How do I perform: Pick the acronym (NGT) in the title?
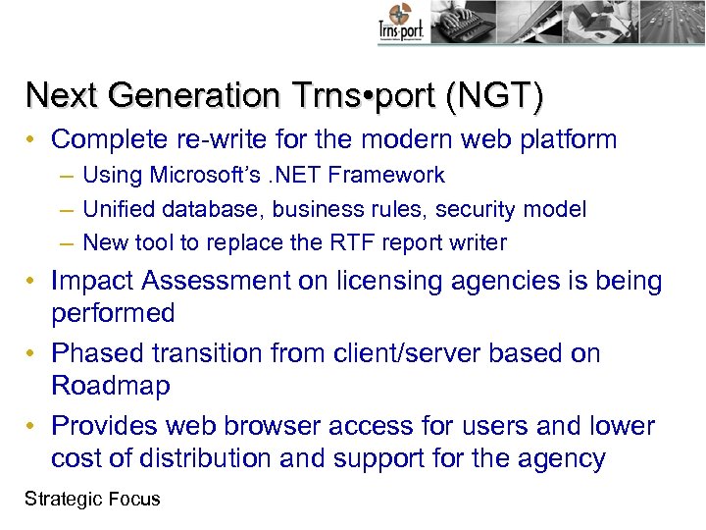pyautogui.click(x=494, y=95)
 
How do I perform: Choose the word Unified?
pyautogui.click(x=118, y=209)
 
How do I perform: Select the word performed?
pyautogui.click(x=113, y=314)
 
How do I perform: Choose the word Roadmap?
pyautogui.click(x=111, y=386)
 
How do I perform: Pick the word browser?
pyautogui.click(x=274, y=426)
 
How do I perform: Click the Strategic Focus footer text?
pyautogui.click(x=92, y=499)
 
